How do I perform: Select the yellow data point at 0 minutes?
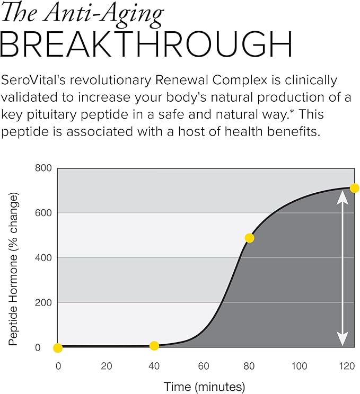(x=58, y=348)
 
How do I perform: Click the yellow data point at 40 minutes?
(x=154, y=346)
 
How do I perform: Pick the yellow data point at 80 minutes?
(x=249, y=238)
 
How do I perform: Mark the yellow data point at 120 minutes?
(x=355, y=188)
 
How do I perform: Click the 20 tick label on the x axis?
(x=107, y=366)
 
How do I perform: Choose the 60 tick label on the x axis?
(x=203, y=366)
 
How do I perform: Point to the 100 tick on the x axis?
(x=299, y=366)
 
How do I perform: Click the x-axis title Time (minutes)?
(x=205, y=386)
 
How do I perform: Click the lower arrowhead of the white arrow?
(x=343, y=339)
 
